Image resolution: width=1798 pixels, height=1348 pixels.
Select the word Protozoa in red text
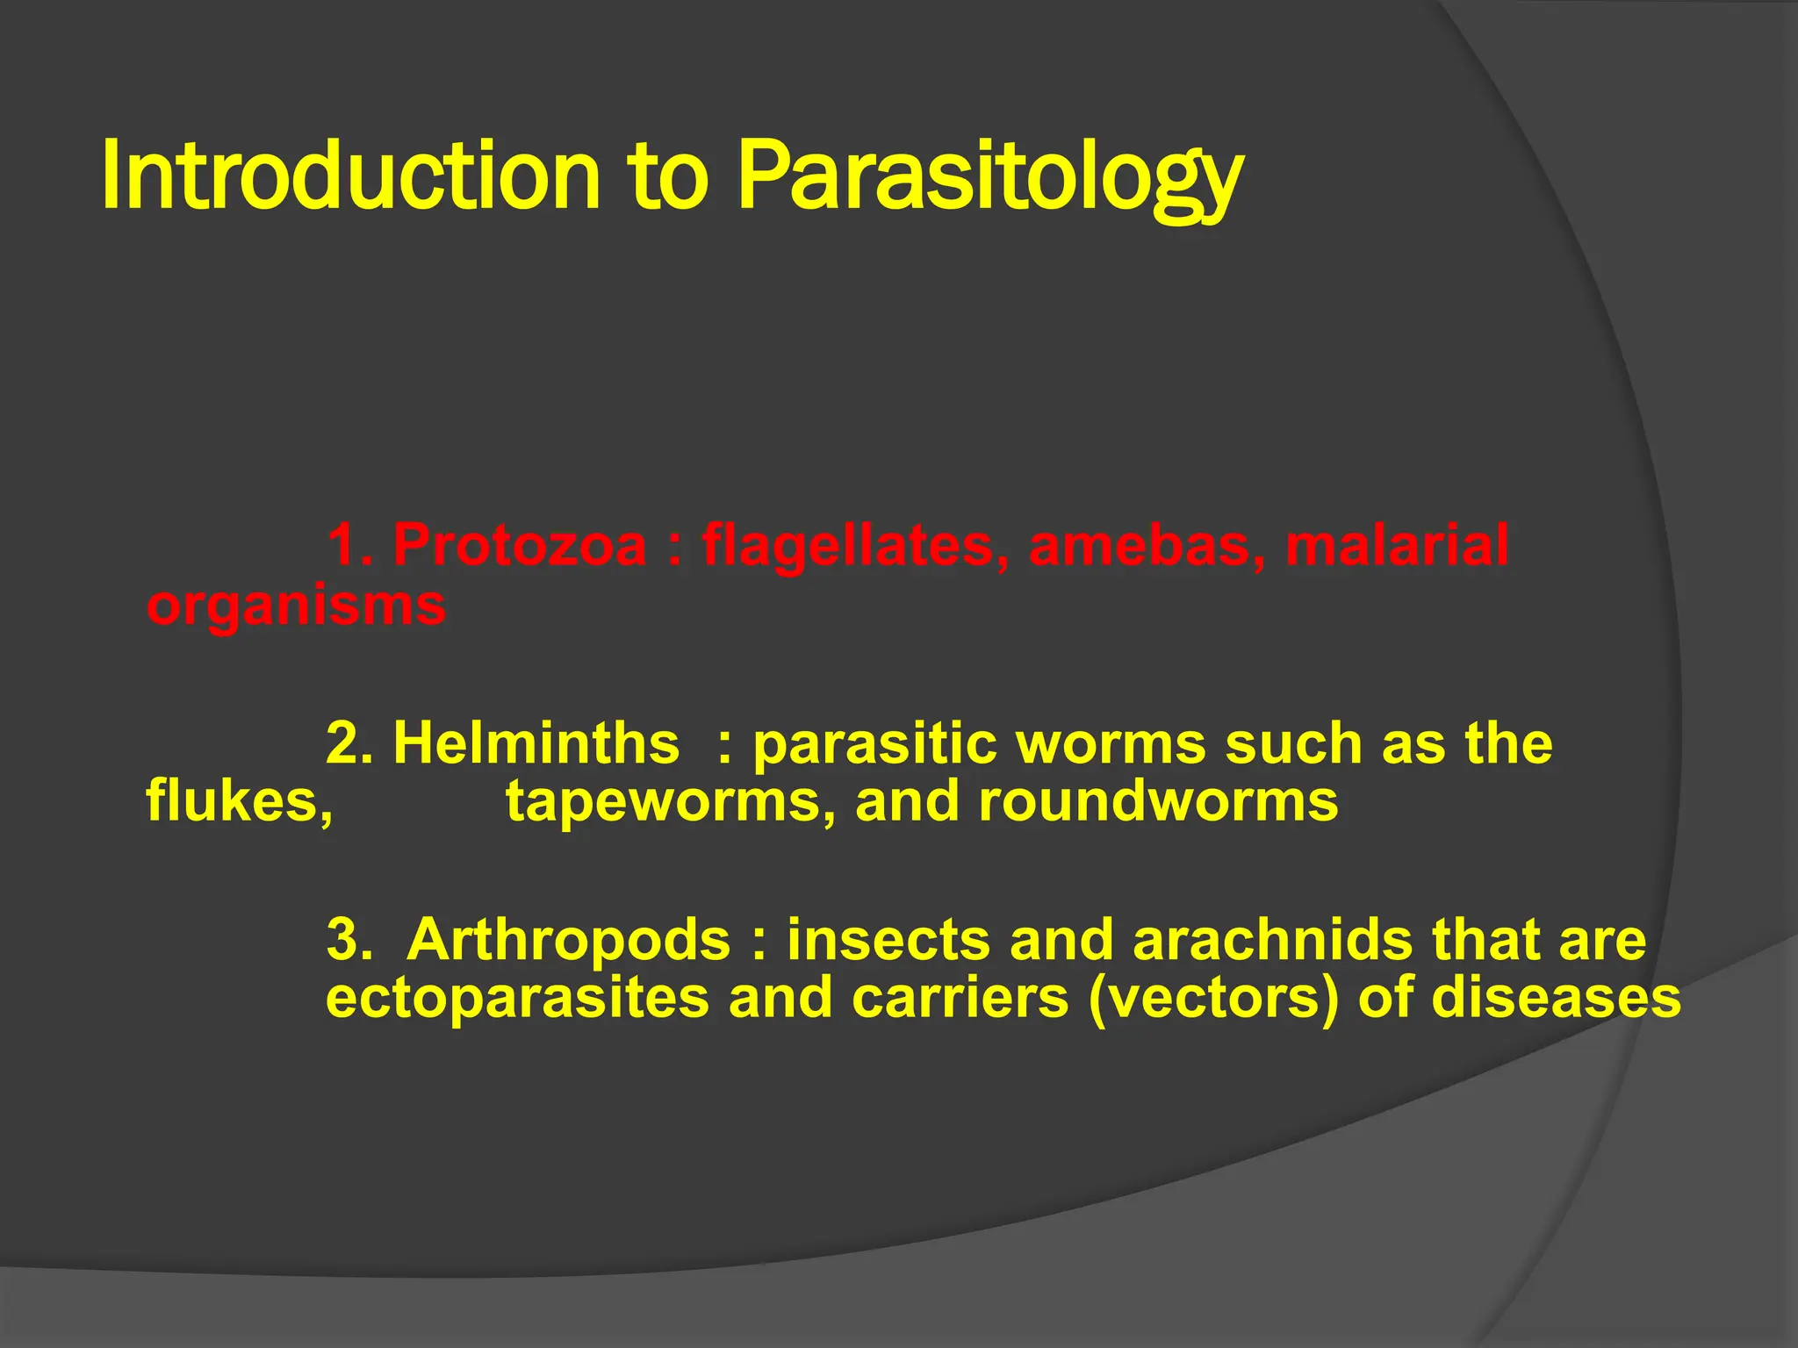(x=519, y=545)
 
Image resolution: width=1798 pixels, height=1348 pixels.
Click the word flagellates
(x=855, y=545)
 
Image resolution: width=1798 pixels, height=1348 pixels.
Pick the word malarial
(x=1397, y=545)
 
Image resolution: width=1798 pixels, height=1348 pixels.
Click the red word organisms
(x=296, y=606)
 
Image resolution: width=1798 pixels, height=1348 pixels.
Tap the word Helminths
(x=536, y=743)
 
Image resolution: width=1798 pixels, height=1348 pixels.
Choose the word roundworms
(x=1158, y=801)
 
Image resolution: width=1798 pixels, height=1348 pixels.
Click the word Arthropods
(x=568, y=940)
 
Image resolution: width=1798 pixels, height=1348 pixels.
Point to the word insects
(x=888, y=940)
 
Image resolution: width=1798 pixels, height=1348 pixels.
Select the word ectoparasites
(x=517, y=999)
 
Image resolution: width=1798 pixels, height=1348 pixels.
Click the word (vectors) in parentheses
(x=1213, y=999)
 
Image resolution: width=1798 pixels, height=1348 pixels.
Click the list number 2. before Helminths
(x=349, y=743)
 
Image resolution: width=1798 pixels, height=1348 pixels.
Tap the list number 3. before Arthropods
(x=349, y=940)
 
